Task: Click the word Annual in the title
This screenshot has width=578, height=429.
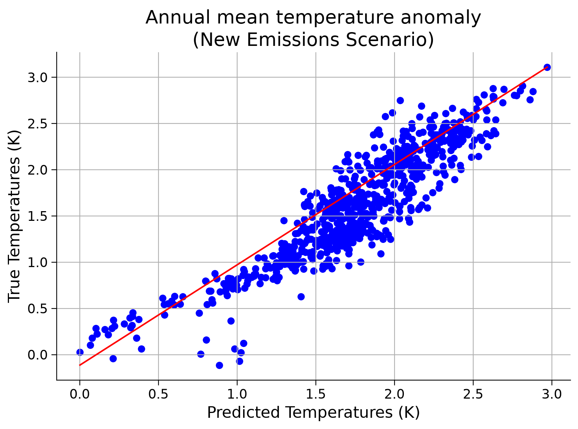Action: point(177,18)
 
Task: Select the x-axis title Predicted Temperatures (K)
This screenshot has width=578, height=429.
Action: point(313,412)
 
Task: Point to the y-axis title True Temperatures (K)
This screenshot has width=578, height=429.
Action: point(14,216)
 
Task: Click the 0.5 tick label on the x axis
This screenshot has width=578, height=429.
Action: point(158,394)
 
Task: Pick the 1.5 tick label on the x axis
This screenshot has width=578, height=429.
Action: point(315,394)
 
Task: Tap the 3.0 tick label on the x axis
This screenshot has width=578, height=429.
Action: point(552,394)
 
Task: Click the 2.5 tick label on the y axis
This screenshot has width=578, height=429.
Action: point(38,123)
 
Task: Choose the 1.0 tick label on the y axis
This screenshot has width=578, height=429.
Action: point(38,262)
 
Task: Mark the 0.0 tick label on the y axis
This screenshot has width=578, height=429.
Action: point(38,355)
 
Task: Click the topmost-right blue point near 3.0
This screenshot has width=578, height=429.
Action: point(547,67)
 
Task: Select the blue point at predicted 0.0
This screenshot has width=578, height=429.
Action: point(80,352)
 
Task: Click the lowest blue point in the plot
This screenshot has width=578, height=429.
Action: point(219,365)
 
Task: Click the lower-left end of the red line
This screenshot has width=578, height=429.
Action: point(79,365)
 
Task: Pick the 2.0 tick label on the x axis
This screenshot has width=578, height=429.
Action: point(394,394)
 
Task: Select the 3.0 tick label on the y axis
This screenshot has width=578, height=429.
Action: point(38,78)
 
